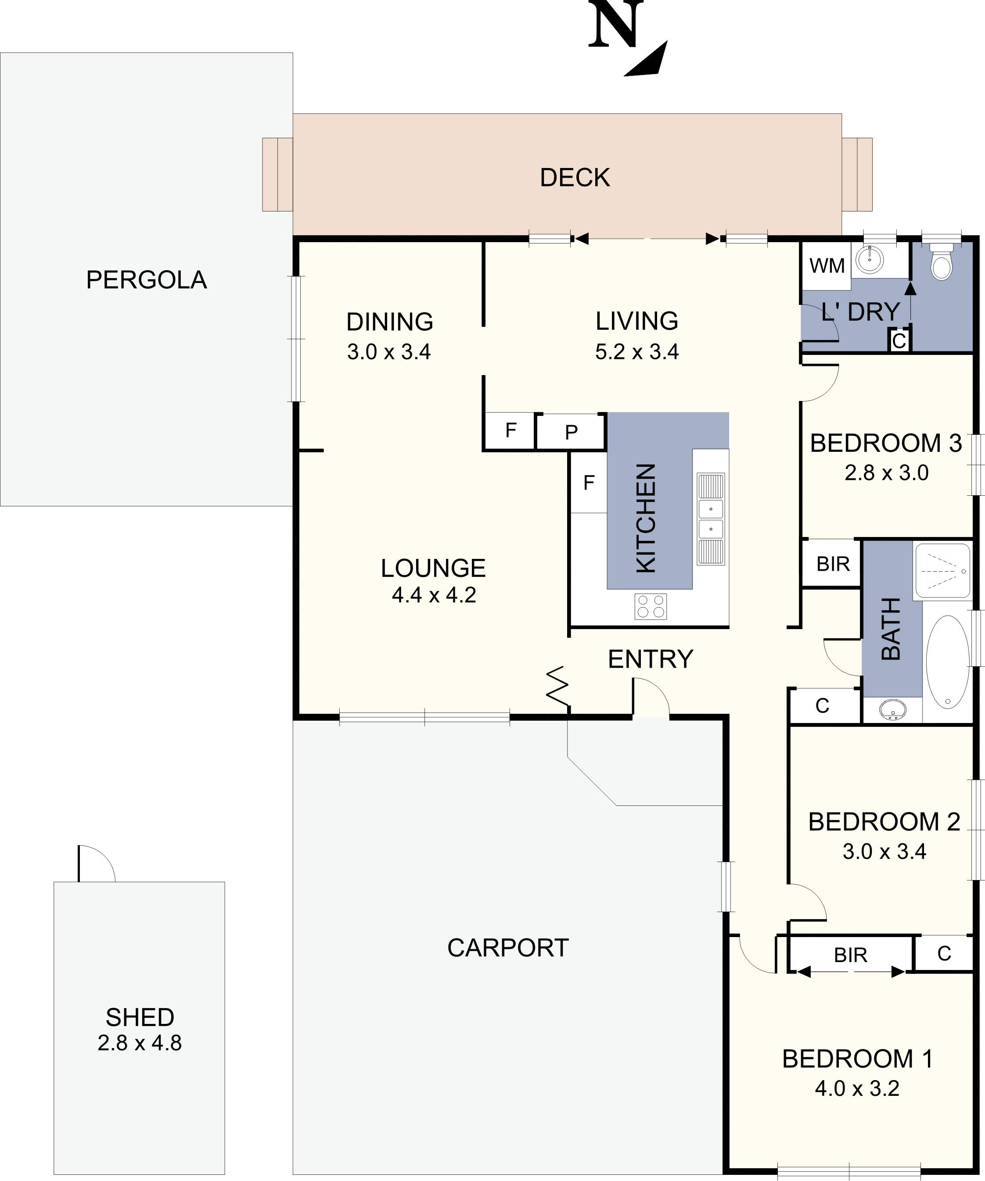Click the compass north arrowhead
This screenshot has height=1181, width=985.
coord(650,61)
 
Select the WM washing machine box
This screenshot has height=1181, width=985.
coord(827,265)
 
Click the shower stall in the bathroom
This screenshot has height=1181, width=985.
coord(943,571)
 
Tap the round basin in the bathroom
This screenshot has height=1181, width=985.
coord(892,710)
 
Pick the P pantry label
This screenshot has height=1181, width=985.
coord(571,433)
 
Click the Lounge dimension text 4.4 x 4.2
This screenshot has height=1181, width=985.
coord(434,595)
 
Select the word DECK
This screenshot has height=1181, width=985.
coord(574,178)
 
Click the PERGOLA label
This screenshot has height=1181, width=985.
coord(146,280)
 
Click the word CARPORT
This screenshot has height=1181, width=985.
coord(507,948)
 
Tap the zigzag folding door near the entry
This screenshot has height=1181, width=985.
coord(557,686)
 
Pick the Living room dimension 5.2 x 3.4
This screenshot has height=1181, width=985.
coord(637,352)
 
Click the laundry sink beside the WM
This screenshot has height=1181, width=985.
coord(870,260)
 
